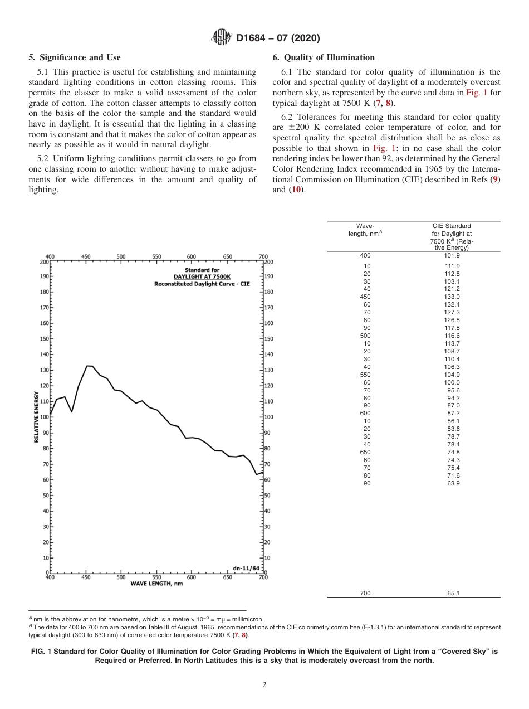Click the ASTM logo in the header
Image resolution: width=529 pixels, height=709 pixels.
pos(223,38)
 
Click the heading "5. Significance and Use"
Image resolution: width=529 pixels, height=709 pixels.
pos(75,57)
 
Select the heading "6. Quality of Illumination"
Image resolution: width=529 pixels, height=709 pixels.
pos(324,57)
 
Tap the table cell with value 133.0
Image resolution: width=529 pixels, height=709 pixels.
pos(452,297)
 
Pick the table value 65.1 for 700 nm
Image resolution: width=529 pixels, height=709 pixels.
pos(453,593)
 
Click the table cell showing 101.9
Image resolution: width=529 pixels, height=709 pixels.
pos(452,255)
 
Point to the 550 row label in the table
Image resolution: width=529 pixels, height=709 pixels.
pos(365,375)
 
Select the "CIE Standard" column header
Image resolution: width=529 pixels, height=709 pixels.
pos(452,226)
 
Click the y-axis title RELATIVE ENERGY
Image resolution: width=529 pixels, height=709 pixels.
pos(37,416)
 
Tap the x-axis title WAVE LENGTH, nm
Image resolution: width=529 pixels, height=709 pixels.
pos(156,584)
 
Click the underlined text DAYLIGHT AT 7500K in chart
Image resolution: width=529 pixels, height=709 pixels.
pos(202,277)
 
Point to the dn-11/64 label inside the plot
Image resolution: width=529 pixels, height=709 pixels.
pos(246,568)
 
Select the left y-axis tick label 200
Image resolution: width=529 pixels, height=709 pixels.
pos(43,261)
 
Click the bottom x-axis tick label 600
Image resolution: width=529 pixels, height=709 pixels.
pos(192,577)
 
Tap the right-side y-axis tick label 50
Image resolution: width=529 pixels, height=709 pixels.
pos(267,496)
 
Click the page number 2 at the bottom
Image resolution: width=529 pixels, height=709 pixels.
pos(264,685)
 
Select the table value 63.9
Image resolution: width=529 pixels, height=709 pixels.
pos(452,484)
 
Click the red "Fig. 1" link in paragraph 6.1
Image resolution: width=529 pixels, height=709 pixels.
pos(476,93)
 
